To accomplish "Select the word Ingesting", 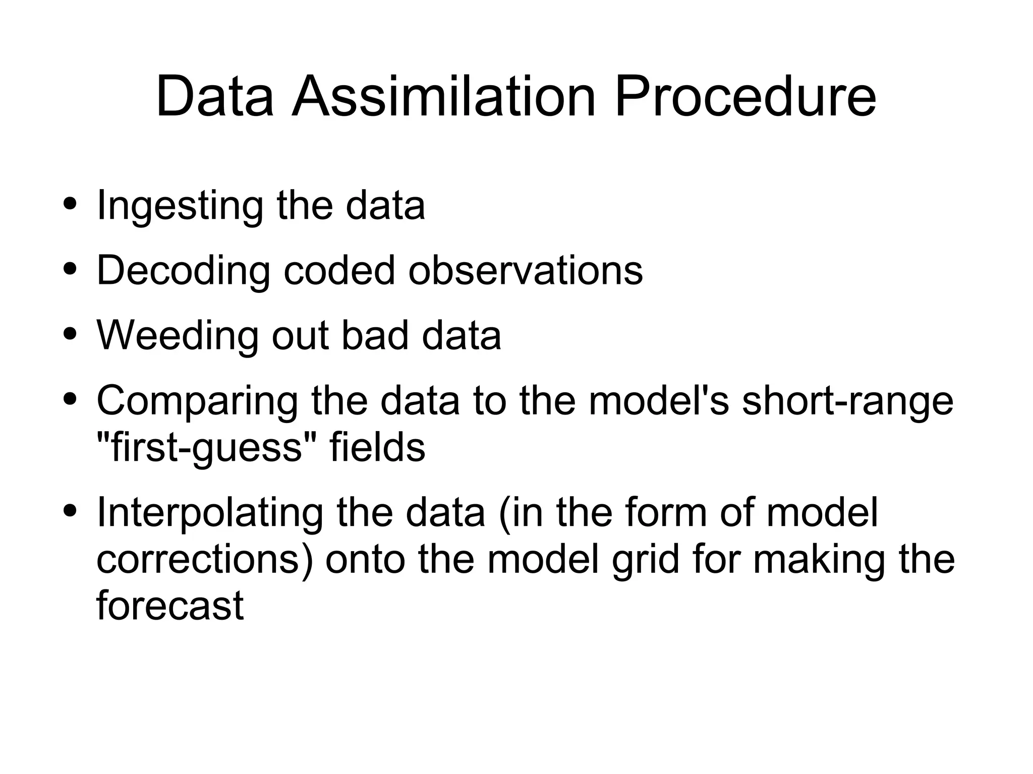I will click(180, 206).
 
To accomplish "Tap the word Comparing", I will click(197, 401).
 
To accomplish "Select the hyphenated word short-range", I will click(847, 401).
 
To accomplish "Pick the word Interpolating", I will click(210, 513).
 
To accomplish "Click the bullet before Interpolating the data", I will click(70, 511).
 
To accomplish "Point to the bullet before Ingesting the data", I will click(70, 204).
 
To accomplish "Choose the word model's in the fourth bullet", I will click(659, 401).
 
